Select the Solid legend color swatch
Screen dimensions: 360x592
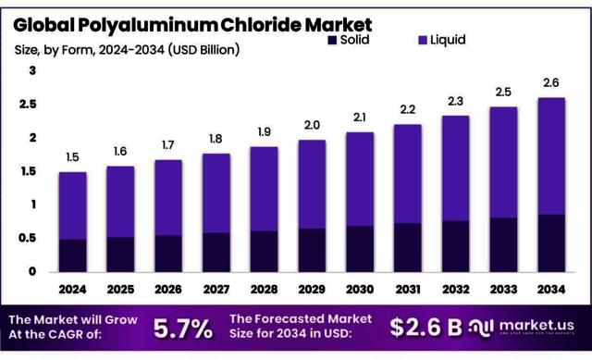pos(332,40)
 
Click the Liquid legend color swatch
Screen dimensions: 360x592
pos(422,40)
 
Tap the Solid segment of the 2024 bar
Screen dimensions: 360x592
pos(72,254)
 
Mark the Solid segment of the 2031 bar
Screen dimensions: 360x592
pos(408,247)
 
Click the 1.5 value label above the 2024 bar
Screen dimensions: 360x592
pos(72,158)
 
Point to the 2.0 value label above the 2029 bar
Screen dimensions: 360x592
pos(312,126)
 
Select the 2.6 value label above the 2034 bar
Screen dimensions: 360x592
pos(552,83)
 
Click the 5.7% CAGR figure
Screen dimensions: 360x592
pos(182,327)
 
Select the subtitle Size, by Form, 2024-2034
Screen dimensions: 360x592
pos(126,48)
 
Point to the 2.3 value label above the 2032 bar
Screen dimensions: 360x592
pos(456,101)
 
